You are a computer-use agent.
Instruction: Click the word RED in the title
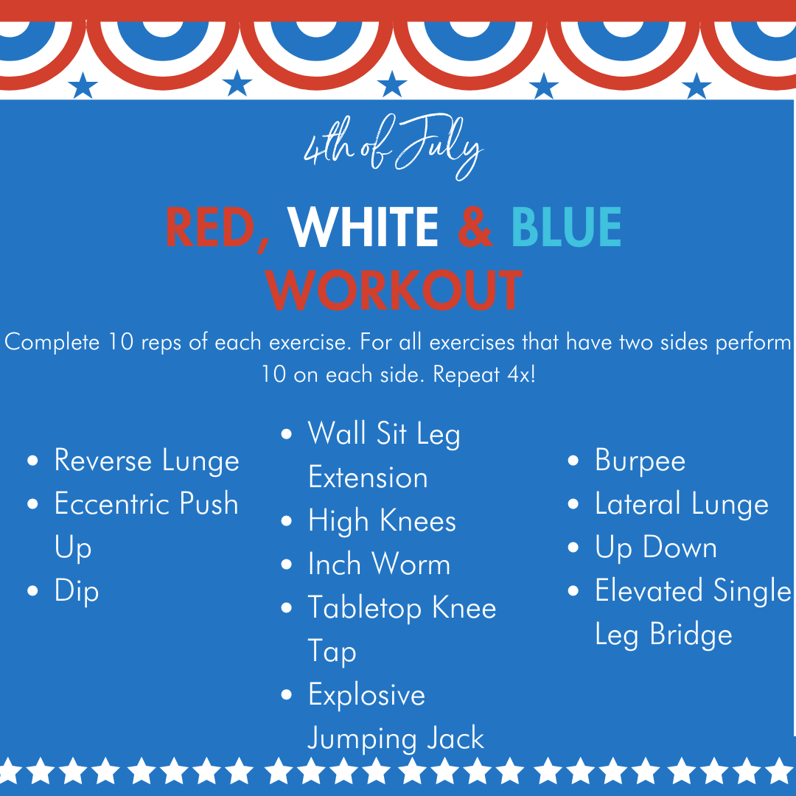point(210,228)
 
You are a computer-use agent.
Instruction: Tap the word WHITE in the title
point(363,228)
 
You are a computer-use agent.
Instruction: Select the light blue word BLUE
point(566,228)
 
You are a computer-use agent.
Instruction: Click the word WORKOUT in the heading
point(394,290)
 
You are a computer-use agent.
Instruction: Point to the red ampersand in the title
point(475,228)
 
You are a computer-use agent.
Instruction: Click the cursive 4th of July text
point(393,146)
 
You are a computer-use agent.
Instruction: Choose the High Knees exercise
point(383,522)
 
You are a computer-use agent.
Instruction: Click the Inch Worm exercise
point(380,564)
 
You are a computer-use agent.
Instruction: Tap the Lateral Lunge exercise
point(682,505)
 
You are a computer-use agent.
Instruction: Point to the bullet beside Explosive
point(286,694)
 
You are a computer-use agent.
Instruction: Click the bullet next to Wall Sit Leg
point(286,433)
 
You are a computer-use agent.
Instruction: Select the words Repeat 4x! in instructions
point(483,375)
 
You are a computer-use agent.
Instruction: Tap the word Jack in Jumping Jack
point(455,738)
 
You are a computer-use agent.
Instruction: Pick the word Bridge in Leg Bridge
point(691,635)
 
